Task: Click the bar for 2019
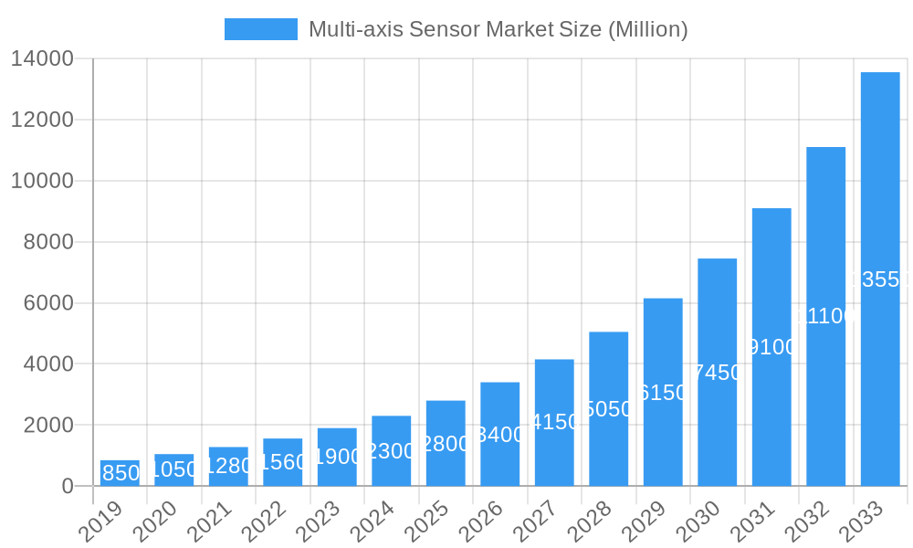tap(120, 473)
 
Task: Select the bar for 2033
tap(880, 279)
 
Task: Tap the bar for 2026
tap(500, 434)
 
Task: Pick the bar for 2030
tap(718, 372)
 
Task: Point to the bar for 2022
tap(283, 462)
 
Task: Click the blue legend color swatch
tap(261, 29)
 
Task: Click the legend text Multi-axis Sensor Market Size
tap(498, 29)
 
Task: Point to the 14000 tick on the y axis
tap(42, 59)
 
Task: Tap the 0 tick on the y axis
tap(68, 487)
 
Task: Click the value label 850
tap(121, 473)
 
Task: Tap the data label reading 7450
tap(718, 373)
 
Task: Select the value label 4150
tap(554, 422)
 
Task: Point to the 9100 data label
tap(771, 347)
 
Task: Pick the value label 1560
tap(283, 462)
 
